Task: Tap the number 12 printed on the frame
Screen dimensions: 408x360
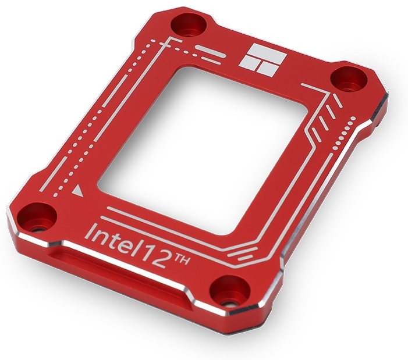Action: (x=155, y=256)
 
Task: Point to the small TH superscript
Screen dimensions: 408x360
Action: (x=180, y=258)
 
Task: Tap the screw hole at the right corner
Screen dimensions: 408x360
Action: (x=349, y=79)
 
